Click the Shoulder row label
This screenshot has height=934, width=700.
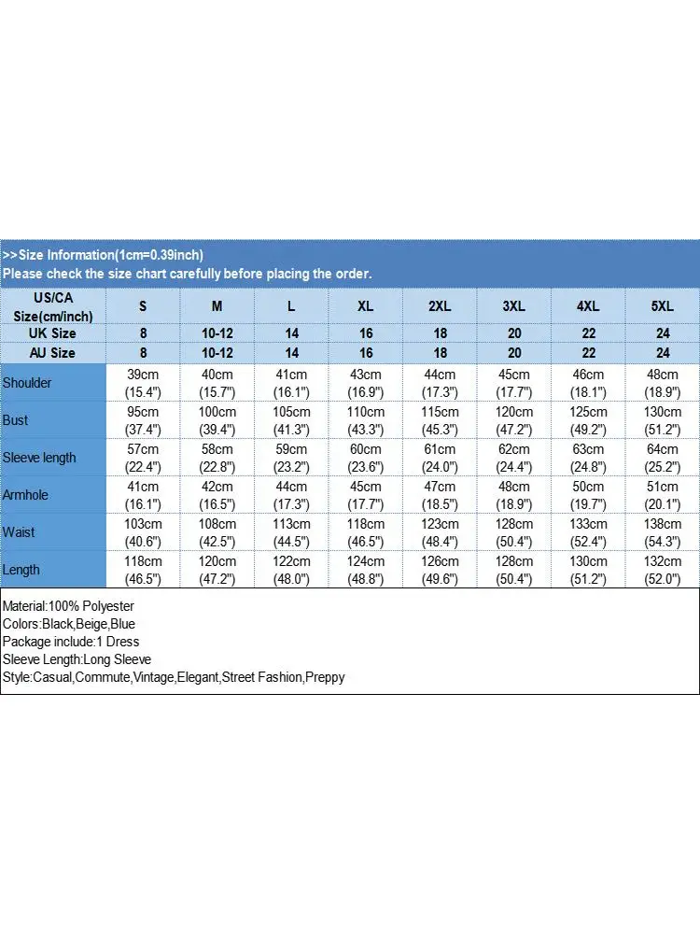(28, 383)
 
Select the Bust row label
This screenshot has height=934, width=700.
(16, 420)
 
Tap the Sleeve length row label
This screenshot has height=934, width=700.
(39, 458)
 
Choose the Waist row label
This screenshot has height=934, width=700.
(19, 532)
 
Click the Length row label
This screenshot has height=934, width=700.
(21, 570)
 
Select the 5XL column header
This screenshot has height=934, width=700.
(663, 306)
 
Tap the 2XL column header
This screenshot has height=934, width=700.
(440, 306)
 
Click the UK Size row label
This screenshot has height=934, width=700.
(53, 333)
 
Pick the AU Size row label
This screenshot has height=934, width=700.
(53, 353)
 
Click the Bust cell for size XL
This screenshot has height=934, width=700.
(366, 420)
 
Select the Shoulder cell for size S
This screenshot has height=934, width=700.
(143, 383)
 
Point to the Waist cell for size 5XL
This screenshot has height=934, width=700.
(663, 532)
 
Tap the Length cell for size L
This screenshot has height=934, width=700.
(291, 570)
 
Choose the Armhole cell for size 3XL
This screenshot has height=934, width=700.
(514, 495)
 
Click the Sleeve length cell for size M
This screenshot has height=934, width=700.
(217, 458)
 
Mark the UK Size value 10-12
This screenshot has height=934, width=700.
(217, 333)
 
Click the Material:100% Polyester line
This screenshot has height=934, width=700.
(69, 606)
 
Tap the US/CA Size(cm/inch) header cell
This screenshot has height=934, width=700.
(53, 306)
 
